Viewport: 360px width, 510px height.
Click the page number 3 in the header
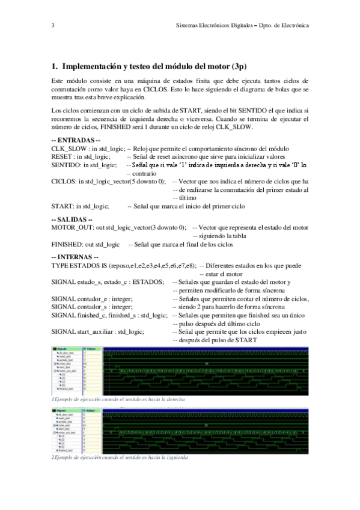coord(53,26)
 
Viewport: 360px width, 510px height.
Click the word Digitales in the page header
coord(237,26)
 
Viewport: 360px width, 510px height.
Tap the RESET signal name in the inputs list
coord(62,156)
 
